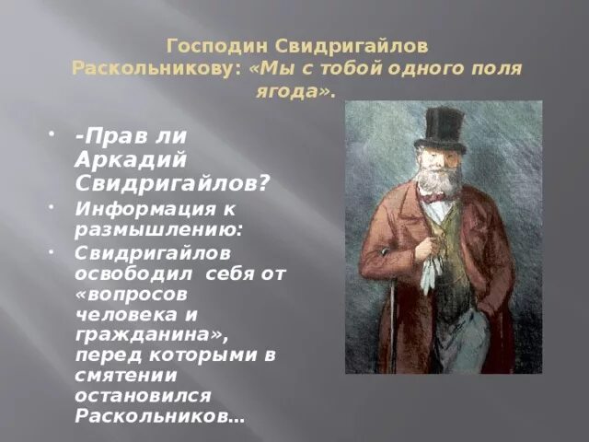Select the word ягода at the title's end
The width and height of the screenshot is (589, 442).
293,92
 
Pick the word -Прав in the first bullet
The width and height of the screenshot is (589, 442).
107,134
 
